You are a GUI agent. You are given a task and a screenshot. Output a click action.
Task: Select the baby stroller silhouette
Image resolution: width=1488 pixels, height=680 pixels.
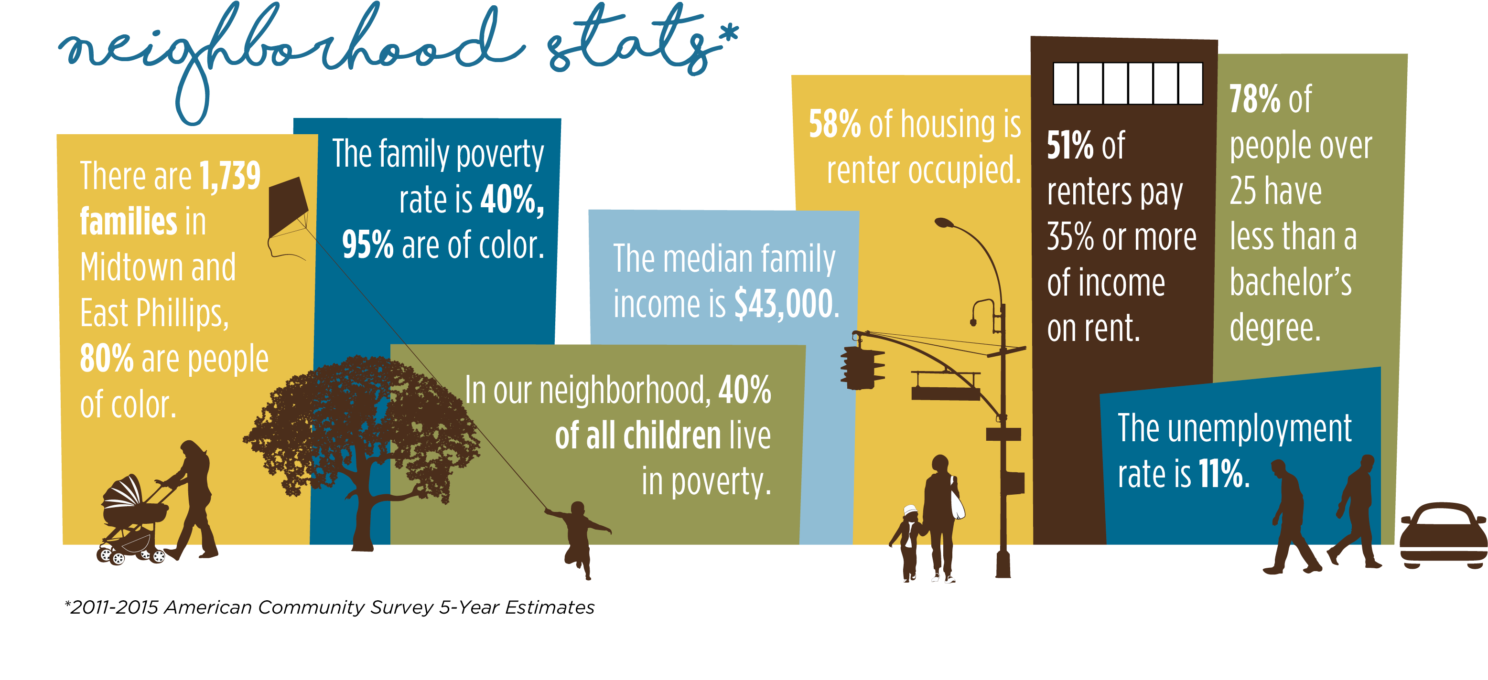(132, 520)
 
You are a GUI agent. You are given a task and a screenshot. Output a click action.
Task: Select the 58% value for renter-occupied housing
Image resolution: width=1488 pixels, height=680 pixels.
(835, 124)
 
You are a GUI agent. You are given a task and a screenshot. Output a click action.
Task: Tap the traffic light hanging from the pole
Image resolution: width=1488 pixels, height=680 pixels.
(862, 367)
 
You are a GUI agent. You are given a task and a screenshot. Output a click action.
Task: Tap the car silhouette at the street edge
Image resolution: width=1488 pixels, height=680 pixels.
(1443, 536)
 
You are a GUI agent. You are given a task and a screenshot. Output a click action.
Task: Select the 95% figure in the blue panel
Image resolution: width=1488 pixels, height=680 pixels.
(367, 245)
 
